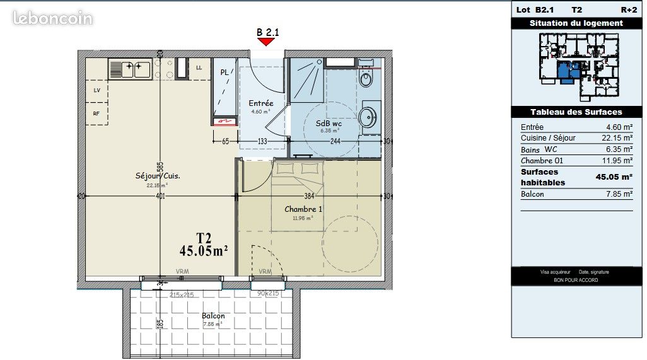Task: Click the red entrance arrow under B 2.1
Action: tap(265, 42)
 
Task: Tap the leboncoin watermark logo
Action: tap(53, 18)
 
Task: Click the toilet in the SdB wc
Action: tap(366, 79)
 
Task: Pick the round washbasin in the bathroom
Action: tap(367, 117)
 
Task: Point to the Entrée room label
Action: tap(260, 103)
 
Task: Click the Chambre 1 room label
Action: tap(303, 209)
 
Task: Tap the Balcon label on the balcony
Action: tap(213, 316)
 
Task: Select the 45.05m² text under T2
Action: tap(203, 251)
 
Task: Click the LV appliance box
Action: tap(96, 90)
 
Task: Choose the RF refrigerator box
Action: tap(96, 114)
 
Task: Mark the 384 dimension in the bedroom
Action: tap(308, 196)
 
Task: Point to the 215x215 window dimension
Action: tap(181, 294)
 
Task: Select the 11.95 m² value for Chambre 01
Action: tap(619, 160)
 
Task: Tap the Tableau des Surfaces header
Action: tap(576, 112)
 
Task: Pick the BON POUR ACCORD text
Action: tap(576, 280)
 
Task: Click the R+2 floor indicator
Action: tap(628, 9)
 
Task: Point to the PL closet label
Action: tap(224, 73)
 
